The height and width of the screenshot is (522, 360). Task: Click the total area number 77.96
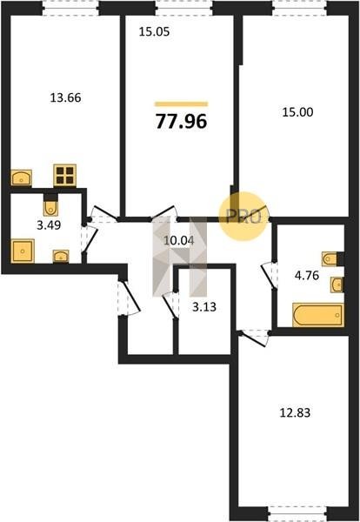pyautogui.click(x=182, y=121)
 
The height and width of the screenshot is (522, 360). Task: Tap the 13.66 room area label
pyautogui.click(x=65, y=97)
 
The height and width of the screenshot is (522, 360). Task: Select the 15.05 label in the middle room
pyautogui.click(x=155, y=31)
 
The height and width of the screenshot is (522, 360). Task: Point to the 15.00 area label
pyautogui.click(x=297, y=112)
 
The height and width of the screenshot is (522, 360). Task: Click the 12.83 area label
pyautogui.click(x=295, y=412)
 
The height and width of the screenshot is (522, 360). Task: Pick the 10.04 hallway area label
pyautogui.click(x=179, y=240)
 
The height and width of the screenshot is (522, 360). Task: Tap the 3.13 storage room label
pyautogui.click(x=204, y=307)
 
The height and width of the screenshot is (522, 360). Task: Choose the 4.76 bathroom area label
pyautogui.click(x=307, y=276)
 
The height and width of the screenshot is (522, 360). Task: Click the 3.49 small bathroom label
pyautogui.click(x=49, y=225)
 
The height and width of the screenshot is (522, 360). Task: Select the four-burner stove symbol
pyautogui.click(x=65, y=176)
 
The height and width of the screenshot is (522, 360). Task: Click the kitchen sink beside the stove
pyautogui.click(x=22, y=177)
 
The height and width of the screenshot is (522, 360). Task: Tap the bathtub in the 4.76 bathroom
pyautogui.click(x=318, y=315)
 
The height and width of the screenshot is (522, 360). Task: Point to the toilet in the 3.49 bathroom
pyautogui.click(x=50, y=207)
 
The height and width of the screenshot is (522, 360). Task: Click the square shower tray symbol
pyautogui.click(x=23, y=251)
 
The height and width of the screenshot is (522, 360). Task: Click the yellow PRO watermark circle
pyautogui.click(x=243, y=217)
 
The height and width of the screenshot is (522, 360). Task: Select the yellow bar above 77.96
pyautogui.click(x=182, y=104)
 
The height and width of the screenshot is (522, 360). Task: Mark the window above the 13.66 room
pyautogui.click(x=70, y=9)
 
